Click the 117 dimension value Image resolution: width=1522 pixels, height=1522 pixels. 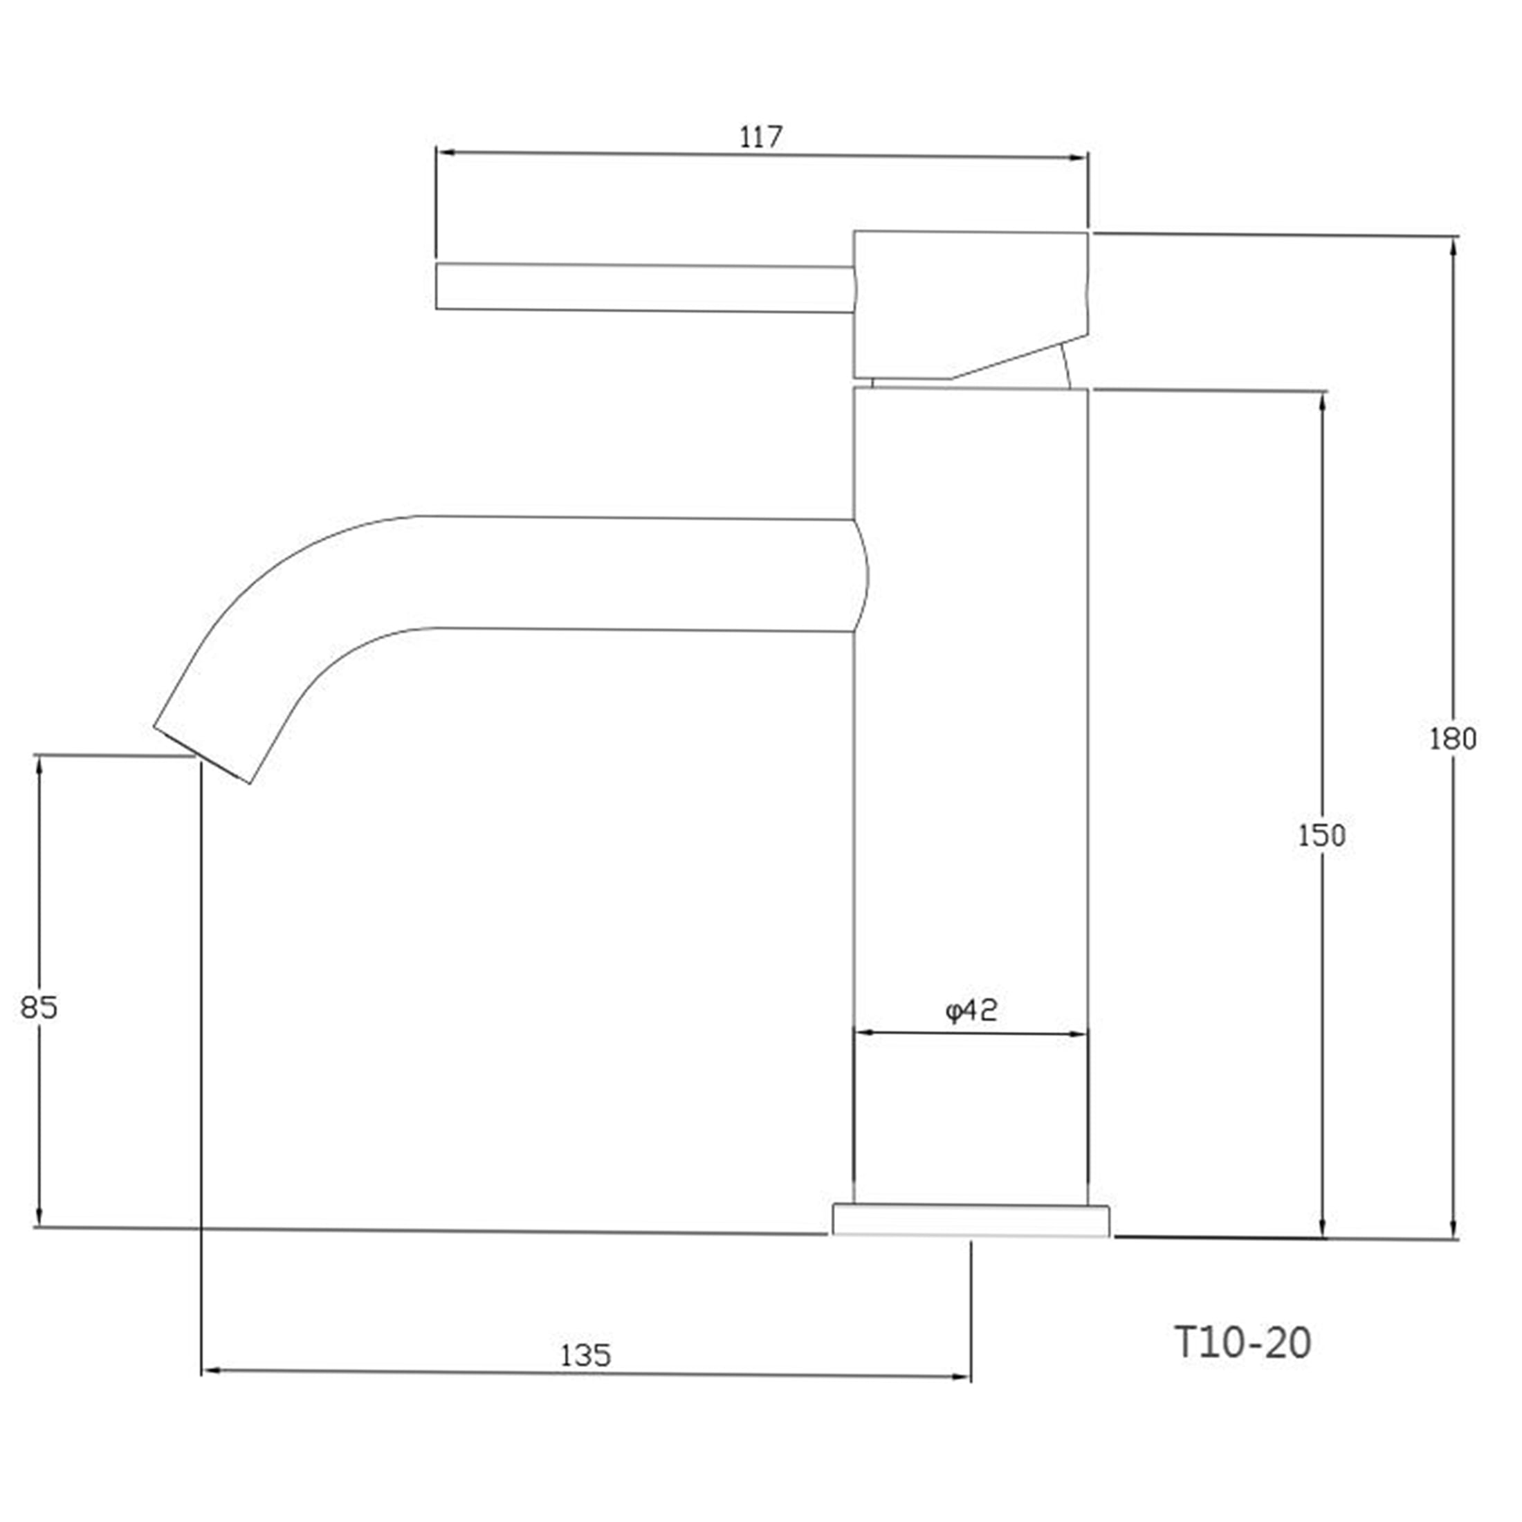[x=761, y=138]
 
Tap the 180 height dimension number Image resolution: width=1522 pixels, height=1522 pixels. [x=1453, y=739]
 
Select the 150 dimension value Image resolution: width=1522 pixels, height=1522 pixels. [x=1322, y=836]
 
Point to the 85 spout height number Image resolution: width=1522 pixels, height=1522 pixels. [x=39, y=1007]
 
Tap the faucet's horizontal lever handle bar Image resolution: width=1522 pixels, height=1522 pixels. [x=644, y=288]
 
